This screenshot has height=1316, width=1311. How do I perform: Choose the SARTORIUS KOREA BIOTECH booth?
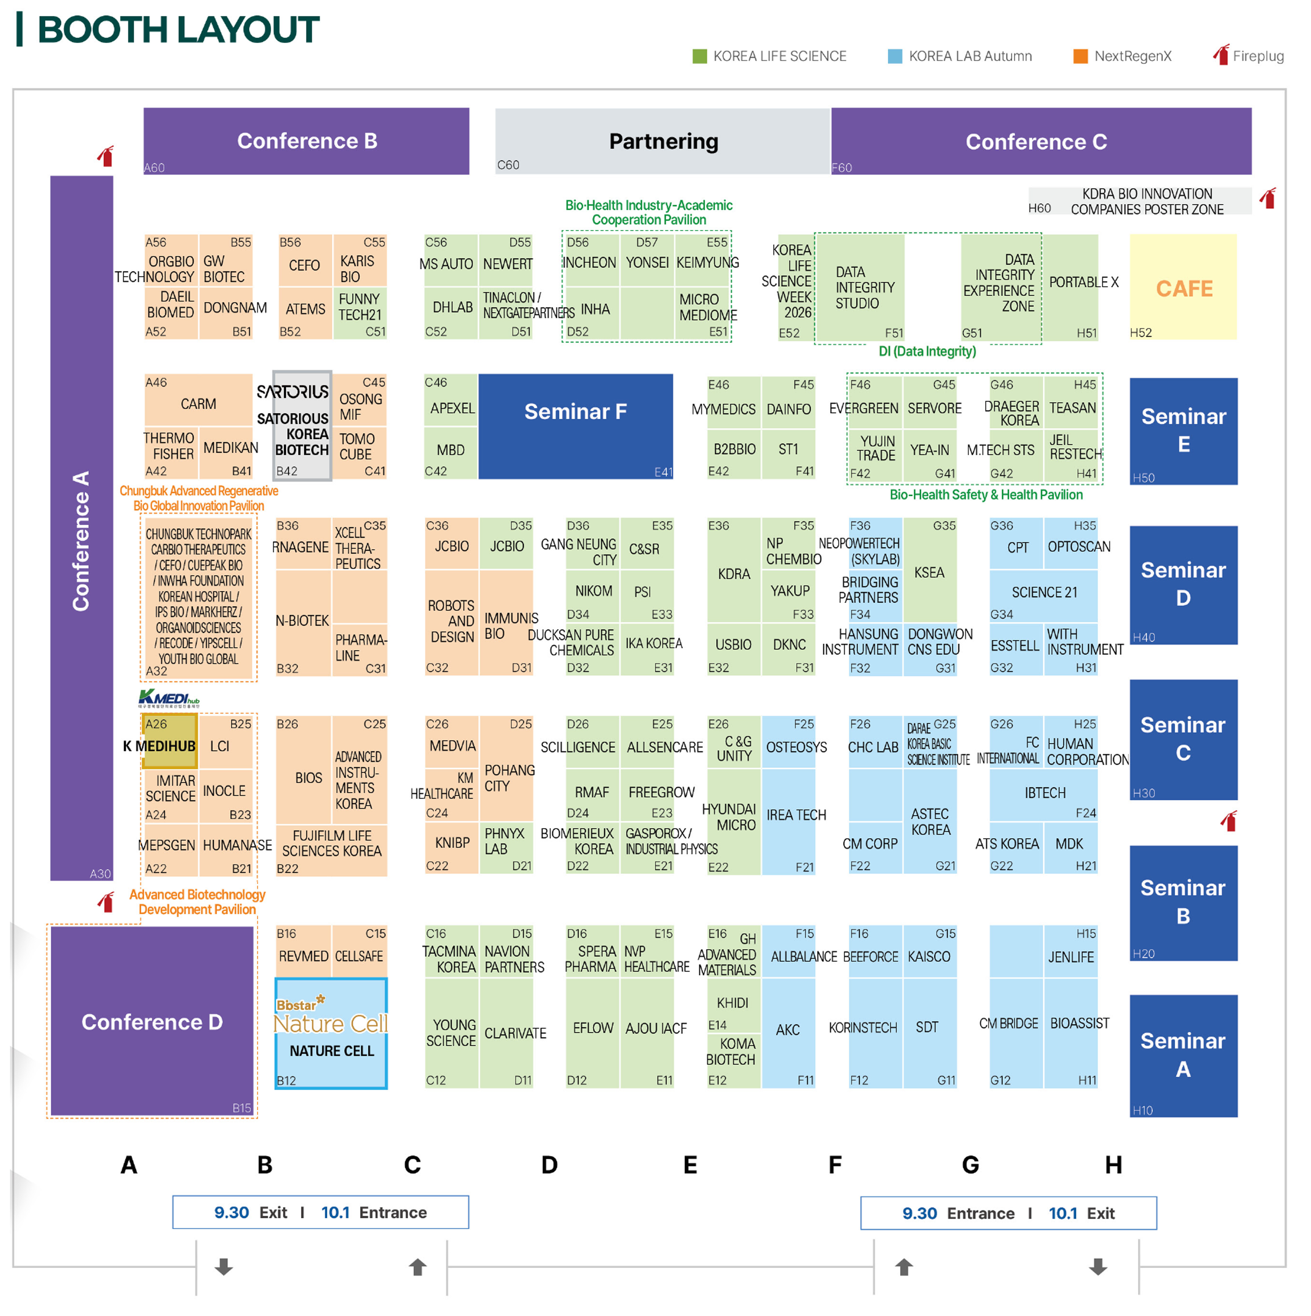click(302, 426)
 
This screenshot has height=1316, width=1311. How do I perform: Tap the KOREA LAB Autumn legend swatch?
click(895, 56)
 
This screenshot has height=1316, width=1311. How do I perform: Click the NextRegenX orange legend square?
click(1080, 56)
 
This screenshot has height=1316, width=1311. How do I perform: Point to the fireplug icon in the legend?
click(1221, 55)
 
